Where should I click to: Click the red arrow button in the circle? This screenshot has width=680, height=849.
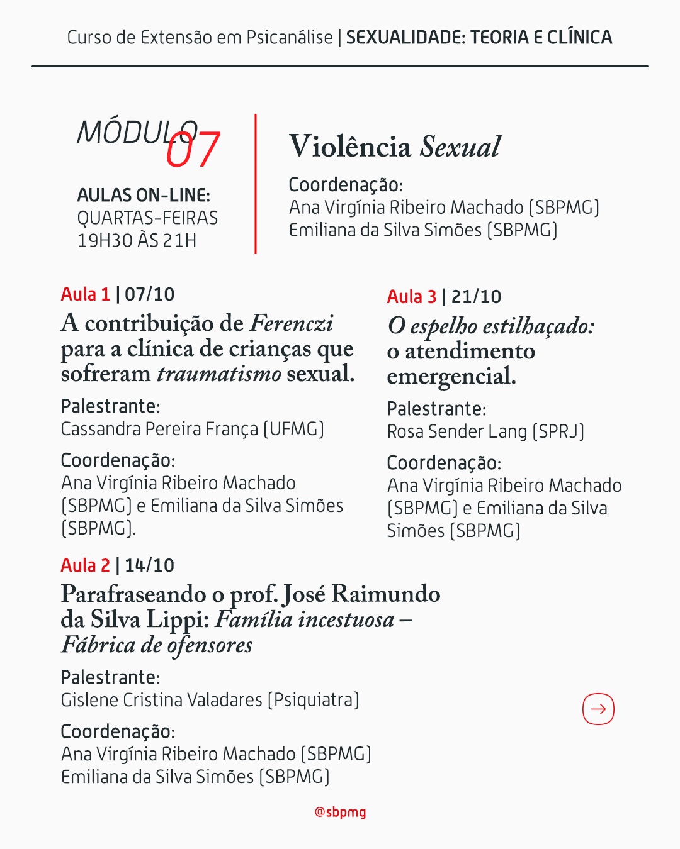coord(598,709)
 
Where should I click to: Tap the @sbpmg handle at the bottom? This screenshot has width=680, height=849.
coord(340,812)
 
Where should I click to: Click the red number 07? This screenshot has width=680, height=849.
coord(193,150)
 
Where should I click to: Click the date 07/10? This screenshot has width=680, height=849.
coord(150,294)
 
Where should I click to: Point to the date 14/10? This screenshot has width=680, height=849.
coord(150,565)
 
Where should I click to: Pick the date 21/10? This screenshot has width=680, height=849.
coord(477,297)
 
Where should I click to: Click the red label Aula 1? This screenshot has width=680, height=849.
coord(86,294)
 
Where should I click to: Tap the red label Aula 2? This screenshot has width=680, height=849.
coord(86,565)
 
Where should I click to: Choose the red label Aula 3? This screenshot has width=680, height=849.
coord(412,297)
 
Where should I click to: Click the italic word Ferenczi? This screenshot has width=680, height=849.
coord(292,323)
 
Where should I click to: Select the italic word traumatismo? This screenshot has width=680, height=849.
coord(219,374)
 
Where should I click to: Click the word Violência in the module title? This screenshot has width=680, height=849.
coord(350,147)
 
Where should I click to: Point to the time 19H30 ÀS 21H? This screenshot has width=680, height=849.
coord(137,240)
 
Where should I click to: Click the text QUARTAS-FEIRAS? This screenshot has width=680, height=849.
coord(147,218)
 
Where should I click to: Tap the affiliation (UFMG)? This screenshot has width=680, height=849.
coord(293,429)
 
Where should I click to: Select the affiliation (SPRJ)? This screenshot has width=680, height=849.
coord(558,431)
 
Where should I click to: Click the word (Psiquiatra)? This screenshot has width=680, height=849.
coord(314,700)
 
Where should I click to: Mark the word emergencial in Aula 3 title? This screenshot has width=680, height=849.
coord(451,377)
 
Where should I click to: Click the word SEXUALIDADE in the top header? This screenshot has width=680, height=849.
coord(405,38)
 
